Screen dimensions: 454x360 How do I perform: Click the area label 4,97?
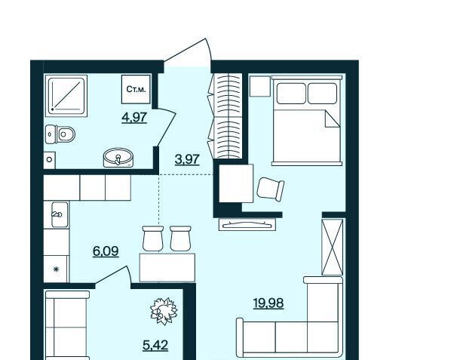click(134, 118)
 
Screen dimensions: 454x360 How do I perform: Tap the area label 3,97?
click(187, 159)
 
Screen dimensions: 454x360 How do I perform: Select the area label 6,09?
click(106, 251)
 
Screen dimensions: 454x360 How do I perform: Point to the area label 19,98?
click(268, 303)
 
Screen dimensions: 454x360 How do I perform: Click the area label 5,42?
click(155, 345)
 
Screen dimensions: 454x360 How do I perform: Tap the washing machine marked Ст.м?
click(136, 89)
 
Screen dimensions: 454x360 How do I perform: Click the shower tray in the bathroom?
click(66, 96)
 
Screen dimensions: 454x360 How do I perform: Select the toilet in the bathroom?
click(60, 134)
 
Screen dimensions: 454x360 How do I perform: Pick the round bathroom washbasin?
click(118, 158)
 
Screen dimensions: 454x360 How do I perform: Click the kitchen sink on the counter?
click(60, 214)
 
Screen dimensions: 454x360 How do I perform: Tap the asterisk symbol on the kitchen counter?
click(56, 269)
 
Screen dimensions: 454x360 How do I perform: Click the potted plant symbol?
click(164, 311)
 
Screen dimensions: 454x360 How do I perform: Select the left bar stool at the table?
click(153, 238)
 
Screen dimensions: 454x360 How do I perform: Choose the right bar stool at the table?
click(180, 238)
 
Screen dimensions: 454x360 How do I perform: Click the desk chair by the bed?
click(271, 189)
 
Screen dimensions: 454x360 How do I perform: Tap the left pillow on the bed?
click(291, 94)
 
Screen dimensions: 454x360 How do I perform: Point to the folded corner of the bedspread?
click(333, 119)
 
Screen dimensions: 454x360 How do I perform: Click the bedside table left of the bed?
click(259, 86)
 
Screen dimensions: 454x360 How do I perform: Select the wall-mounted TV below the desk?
click(247, 224)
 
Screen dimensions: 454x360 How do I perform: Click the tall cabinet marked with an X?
click(333, 247)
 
